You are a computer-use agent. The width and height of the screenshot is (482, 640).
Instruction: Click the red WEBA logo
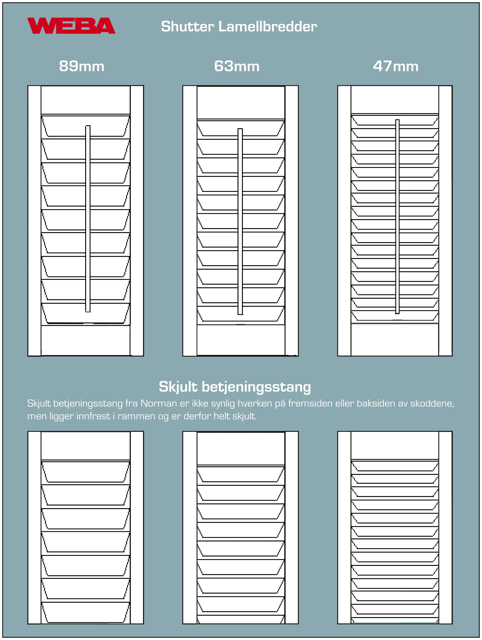click(x=71, y=26)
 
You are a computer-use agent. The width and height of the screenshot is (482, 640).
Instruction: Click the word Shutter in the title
click(x=187, y=27)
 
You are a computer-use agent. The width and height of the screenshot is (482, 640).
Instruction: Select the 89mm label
click(x=82, y=66)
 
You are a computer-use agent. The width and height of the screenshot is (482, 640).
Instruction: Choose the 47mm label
click(x=396, y=66)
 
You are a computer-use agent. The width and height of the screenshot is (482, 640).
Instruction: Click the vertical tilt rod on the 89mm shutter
click(x=88, y=219)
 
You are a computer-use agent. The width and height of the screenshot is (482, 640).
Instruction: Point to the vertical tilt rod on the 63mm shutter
click(x=240, y=222)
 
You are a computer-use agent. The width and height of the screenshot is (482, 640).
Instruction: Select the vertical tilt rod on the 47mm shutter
click(x=397, y=216)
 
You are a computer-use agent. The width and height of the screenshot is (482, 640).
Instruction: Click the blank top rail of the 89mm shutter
click(x=86, y=100)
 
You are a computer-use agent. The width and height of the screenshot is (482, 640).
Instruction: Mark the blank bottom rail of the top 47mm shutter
click(x=395, y=339)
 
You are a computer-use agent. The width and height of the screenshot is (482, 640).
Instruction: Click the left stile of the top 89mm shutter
click(x=34, y=220)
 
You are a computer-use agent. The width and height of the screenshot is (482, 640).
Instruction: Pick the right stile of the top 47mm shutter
click(x=445, y=220)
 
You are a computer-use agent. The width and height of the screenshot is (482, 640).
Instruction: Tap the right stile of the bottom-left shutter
click(x=137, y=527)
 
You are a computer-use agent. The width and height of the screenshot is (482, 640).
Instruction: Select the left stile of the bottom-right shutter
click(x=344, y=527)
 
